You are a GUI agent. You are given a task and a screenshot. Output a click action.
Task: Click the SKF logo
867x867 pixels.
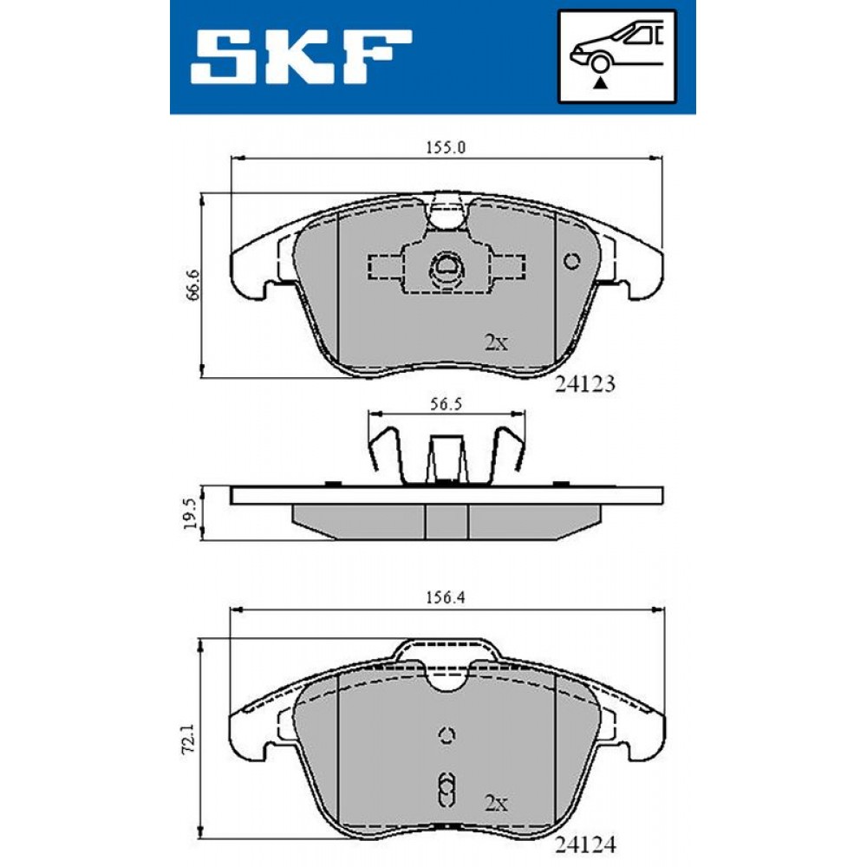click(x=301, y=56)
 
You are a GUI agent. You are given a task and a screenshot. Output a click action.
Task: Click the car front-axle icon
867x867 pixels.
click(x=616, y=56)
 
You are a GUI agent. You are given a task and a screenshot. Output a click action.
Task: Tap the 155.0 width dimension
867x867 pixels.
click(x=446, y=147)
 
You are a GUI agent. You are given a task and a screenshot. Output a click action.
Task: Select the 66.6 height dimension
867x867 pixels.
click(x=192, y=285)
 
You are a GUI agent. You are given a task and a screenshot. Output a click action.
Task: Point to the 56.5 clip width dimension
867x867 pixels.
click(x=446, y=404)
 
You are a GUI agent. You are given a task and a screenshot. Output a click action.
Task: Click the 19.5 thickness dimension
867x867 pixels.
click(x=188, y=513)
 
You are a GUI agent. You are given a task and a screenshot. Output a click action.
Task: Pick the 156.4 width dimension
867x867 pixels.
click(x=446, y=597)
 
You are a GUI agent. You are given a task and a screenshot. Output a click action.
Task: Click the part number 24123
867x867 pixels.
click(x=584, y=384)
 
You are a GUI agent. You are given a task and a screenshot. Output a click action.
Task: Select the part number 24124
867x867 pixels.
click(x=584, y=844)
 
